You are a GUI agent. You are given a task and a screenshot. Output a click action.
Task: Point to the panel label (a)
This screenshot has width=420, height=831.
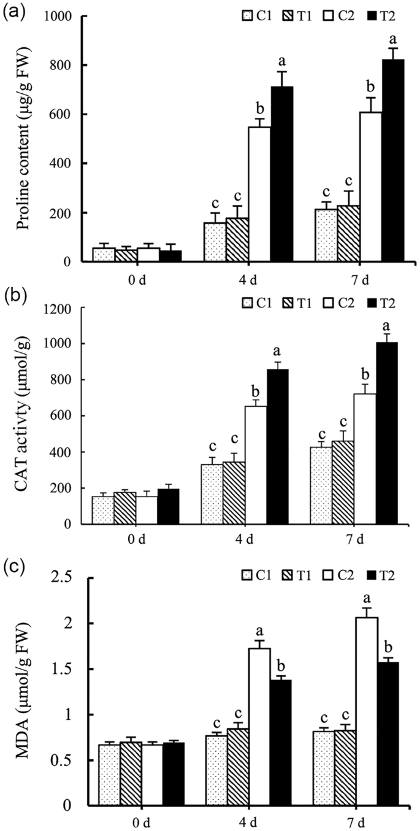tap(14, 12)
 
